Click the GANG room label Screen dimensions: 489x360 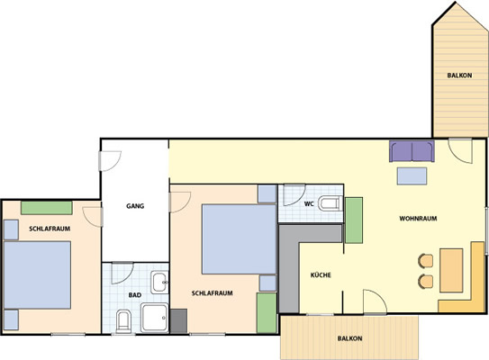click(x=135, y=206)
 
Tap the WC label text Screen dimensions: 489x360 click(x=309, y=204)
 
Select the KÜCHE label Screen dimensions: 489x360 click(x=321, y=275)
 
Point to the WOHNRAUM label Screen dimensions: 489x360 click(x=418, y=219)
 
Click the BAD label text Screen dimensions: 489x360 click(x=135, y=295)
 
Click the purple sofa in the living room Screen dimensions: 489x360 click(x=412, y=151)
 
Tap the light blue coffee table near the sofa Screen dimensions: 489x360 click(x=412, y=176)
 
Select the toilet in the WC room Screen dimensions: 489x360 click(x=331, y=203)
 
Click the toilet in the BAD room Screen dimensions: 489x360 click(x=123, y=321)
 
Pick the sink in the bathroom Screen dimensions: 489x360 click(x=159, y=283)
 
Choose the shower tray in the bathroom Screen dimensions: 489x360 click(x=155, y=318)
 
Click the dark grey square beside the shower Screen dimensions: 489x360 click(x=178, y=320)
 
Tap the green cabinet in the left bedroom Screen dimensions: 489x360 click(x=47, y=208)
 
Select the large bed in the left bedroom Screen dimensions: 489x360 click(x=38, y=274)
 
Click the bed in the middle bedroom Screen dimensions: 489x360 click(x=240, y=239)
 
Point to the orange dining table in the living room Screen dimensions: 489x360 click(x=451, y=270)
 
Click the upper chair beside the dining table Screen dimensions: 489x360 click(x=426, y=261)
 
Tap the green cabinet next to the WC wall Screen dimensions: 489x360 click(x=354, y=220)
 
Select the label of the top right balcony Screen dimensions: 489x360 click(x=459, y=76)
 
